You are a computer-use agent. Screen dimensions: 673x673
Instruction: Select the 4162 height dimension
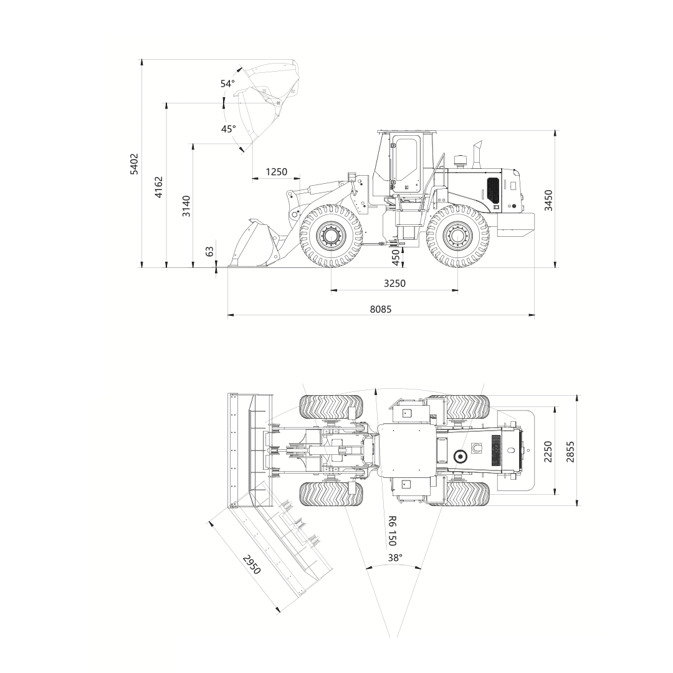(159, 187)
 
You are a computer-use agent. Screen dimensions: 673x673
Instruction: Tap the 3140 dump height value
(186, 206)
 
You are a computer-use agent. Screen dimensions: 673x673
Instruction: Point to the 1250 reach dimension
(277, 172)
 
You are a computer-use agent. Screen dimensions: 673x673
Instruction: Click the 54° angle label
(228, 84)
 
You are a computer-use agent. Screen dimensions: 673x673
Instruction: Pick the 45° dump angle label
(228, 129)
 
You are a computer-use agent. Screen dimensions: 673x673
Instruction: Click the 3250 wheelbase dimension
(394, 283)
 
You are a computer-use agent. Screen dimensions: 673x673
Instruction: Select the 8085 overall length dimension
(381, 309)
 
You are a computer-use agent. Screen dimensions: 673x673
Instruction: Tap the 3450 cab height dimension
(548, 201)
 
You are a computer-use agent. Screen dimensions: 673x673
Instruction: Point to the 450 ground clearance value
(396, 257)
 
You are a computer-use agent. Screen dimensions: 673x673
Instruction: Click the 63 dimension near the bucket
(210, 251)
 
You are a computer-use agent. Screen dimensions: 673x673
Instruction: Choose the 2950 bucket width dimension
(252, 565)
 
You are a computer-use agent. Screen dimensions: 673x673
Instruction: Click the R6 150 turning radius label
(391, 531)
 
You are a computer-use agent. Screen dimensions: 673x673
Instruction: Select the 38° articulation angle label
(395, 558)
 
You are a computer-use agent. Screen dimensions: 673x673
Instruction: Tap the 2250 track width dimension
(548, 452)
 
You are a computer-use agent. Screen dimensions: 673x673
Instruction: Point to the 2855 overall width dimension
(570, 452)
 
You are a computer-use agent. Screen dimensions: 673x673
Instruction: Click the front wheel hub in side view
(332, 236)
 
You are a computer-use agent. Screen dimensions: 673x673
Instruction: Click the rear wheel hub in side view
(457, 236)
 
